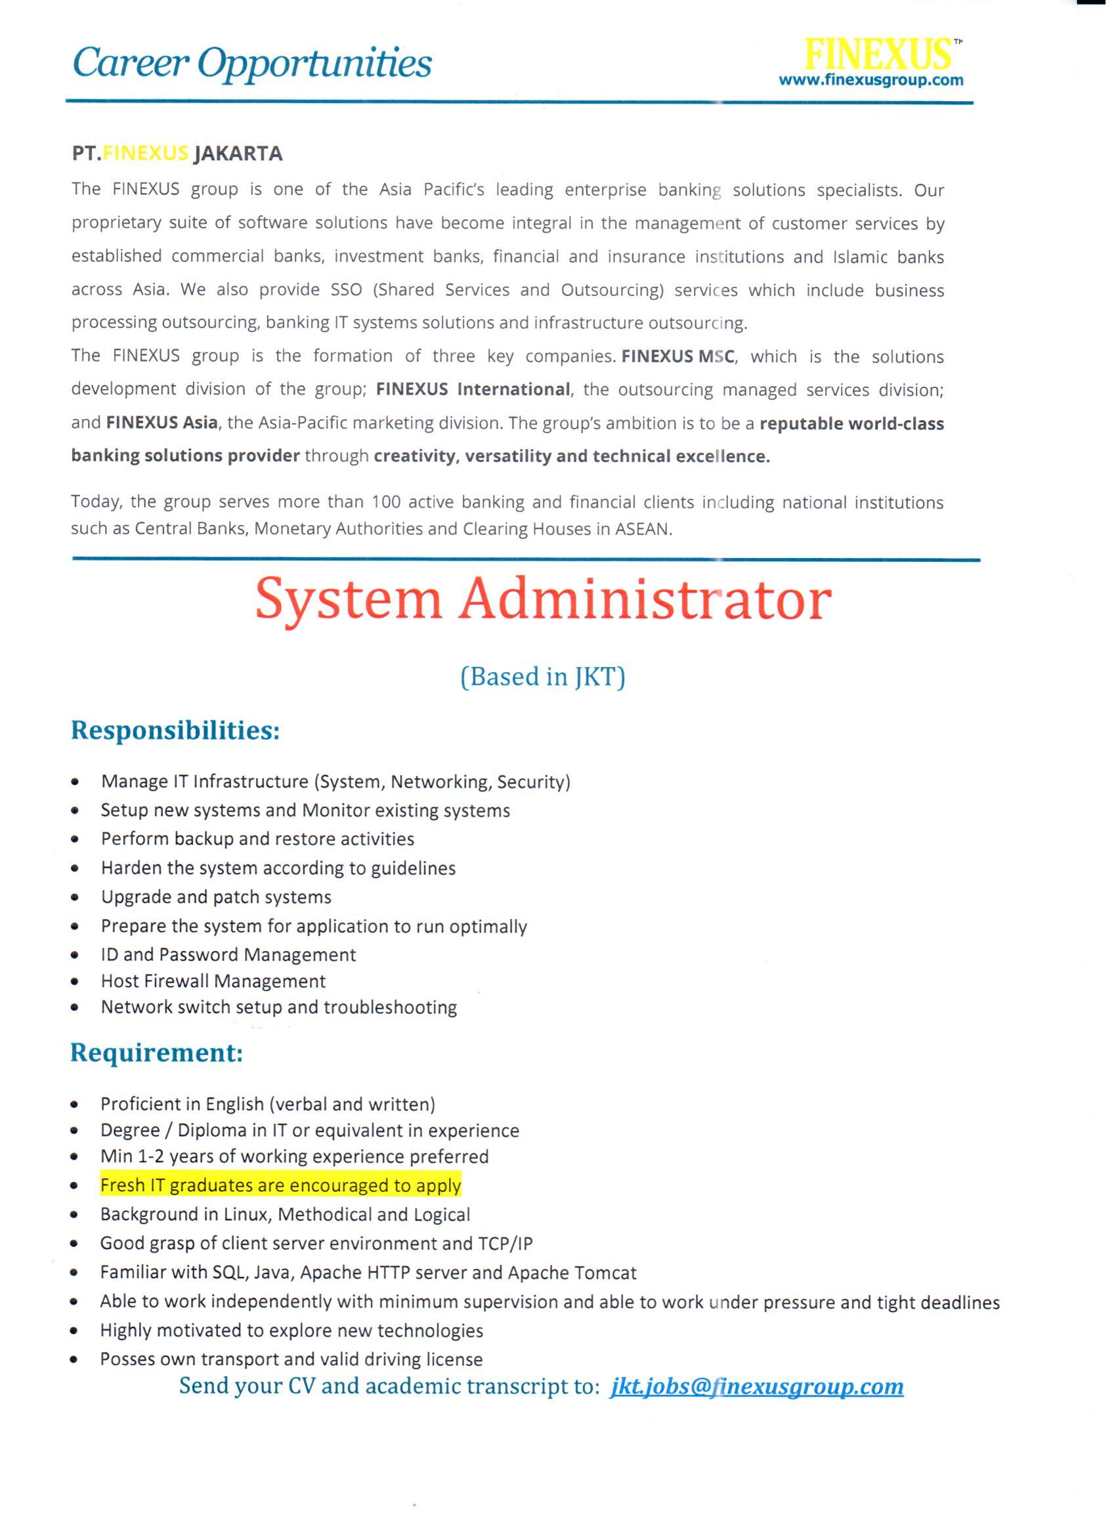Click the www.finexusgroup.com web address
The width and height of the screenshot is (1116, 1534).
click(871, 81)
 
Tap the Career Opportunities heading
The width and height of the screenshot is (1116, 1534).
click(251, 64)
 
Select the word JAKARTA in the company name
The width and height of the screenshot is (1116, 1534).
click(238, 154)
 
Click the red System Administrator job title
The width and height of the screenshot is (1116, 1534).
click(543, 600)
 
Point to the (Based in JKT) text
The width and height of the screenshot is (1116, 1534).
click(542, 676)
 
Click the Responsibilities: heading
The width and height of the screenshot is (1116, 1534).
click(175, 731)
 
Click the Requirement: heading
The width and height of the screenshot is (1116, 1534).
click(156, 1053)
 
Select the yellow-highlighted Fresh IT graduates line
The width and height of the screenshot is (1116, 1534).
click(281, 1185)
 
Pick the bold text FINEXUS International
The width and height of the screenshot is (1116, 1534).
click(473, 390)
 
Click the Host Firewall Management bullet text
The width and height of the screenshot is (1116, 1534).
click(213, 981)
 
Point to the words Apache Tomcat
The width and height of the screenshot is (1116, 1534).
click(572, 1273)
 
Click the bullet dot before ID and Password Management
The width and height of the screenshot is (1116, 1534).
click(75, 956)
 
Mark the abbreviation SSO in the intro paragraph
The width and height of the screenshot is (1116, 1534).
click(347, 290)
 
